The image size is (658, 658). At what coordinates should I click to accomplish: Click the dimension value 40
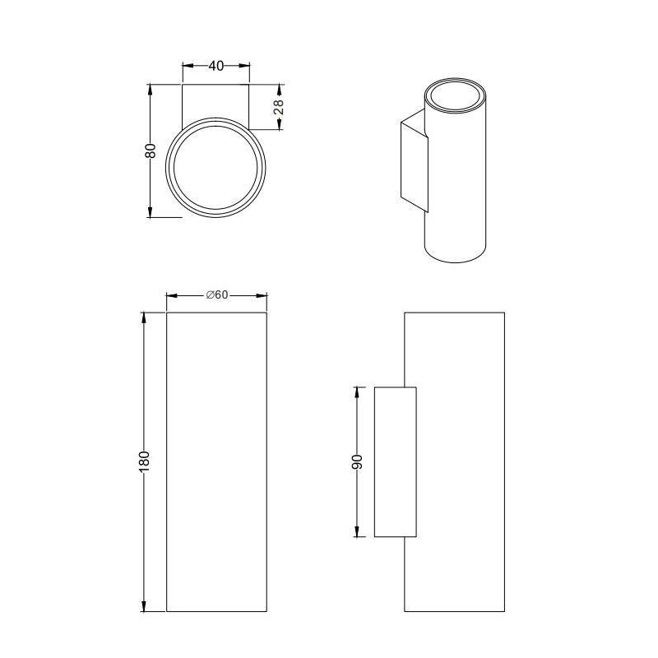215,67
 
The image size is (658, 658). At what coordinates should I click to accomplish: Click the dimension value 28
279,106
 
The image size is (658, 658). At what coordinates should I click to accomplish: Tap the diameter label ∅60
217,295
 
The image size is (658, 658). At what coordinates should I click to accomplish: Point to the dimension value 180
144,461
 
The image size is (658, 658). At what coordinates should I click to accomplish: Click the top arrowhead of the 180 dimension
144,317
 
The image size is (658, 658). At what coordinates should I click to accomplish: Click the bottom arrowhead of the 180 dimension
144,606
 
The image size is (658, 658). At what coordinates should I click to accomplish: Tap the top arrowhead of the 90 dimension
358,392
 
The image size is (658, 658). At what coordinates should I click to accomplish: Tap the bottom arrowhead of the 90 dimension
358,532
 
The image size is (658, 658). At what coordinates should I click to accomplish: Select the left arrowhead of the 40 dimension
186,67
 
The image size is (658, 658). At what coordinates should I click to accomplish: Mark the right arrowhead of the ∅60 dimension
263,295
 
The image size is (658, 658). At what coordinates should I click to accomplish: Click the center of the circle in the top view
217,167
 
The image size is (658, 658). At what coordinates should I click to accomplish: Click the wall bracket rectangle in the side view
395,461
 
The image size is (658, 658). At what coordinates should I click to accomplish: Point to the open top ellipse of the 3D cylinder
456,95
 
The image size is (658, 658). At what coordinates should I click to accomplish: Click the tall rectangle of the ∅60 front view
217,461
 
